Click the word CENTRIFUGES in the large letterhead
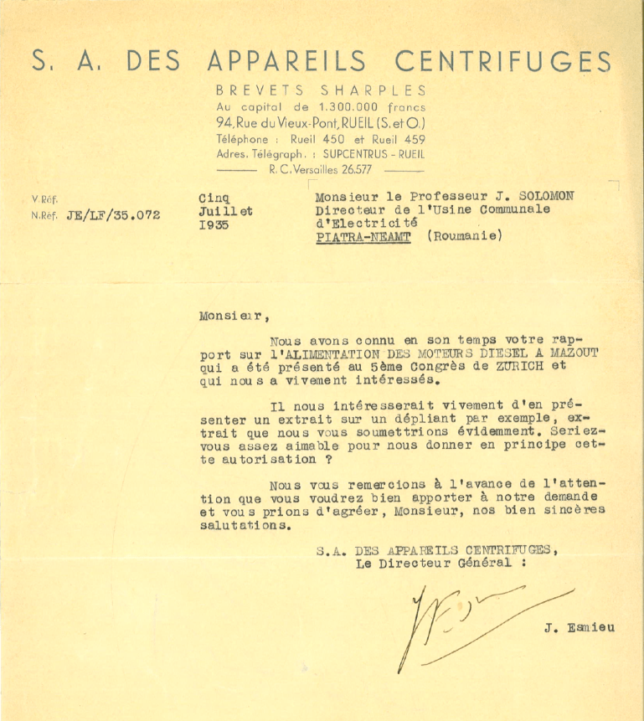point(503,61)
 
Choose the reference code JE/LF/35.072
point(106,215)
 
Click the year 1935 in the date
point(213,225)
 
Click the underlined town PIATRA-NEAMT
point(363,237)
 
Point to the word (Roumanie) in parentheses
point(464,237)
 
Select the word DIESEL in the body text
point(453,354)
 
